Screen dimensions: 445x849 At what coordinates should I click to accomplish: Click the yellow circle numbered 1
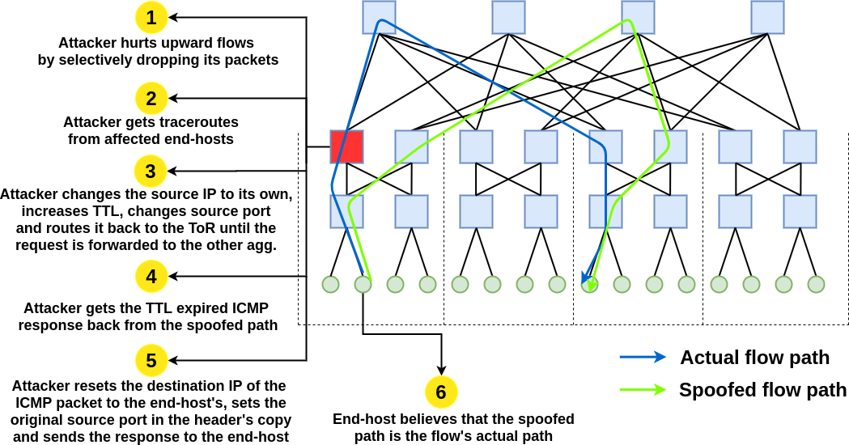coord(151,17)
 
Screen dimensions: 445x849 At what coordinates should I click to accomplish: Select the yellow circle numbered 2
coord(151,99)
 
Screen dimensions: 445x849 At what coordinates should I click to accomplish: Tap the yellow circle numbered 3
coord(151,172)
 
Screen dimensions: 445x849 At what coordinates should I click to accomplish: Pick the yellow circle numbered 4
coord(151,277)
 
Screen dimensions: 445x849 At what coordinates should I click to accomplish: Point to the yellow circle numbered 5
coord(151,361)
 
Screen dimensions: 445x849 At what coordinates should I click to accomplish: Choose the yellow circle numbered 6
coord(441,392)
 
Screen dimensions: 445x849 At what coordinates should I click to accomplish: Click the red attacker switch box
coord(346,146)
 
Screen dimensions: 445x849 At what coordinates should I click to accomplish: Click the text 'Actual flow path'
coord(754,358)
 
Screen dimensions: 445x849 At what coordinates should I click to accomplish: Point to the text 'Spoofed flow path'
coord(762,390)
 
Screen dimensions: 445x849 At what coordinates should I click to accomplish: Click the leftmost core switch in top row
coord(379,17)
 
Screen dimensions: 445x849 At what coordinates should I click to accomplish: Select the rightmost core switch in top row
coord(767,17)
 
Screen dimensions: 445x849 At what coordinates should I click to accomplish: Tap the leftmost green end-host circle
coord(330,284)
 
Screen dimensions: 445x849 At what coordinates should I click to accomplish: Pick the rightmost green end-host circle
coord(816,284)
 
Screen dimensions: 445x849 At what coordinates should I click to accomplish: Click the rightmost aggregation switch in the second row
coord(800,146)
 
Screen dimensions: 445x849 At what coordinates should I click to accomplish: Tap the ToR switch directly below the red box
coord(346,211)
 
